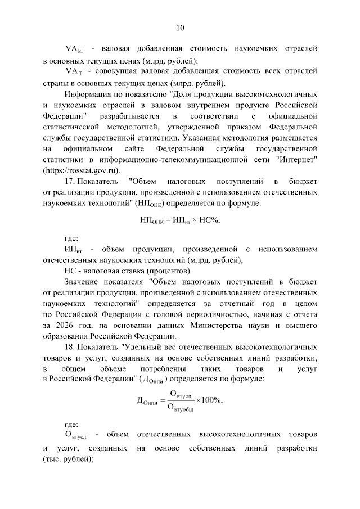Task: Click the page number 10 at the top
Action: tap(179, 27)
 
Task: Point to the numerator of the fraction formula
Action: tap(181, 393)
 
